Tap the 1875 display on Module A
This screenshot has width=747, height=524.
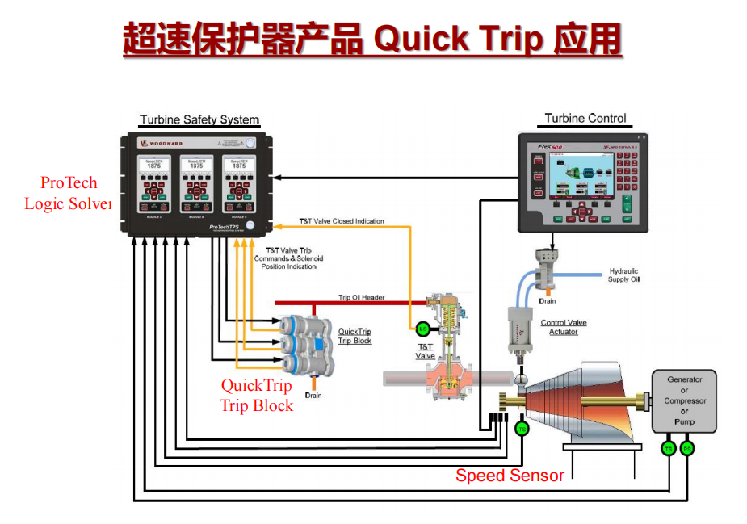pos(153,166)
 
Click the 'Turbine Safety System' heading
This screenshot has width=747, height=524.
pos(199,120)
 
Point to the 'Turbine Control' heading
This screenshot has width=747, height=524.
pos(585,119)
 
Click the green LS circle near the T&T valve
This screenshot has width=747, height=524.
pos(422,329)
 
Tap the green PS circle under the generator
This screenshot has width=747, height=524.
pos(687,448)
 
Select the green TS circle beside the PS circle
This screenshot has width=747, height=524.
pos(669,448)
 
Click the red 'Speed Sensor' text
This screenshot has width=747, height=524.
pos(510,476)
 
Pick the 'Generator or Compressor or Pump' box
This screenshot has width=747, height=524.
pos(684,400)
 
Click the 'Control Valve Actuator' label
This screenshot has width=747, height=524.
pos(564,327)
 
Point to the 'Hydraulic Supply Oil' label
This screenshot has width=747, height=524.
pos(623,275)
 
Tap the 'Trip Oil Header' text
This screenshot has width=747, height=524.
pos(362,297)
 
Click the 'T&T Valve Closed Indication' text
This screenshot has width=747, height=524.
pos(342,220)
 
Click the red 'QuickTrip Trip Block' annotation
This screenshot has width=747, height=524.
pos(257,396)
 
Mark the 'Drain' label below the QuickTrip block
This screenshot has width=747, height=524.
pos(313,396)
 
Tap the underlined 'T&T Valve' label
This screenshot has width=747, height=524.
pos(426,351)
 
